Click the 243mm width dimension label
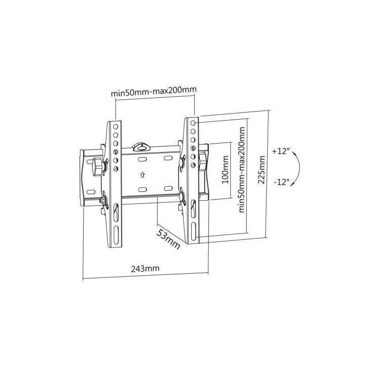(x=145, y=268)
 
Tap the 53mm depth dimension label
(x=168, y=239)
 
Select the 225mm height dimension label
(x=262, y=170)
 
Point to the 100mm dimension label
(x=225, y=170)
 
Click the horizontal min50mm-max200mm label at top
(x=154, y=91)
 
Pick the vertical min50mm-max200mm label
(x=242, y=170)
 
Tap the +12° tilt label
(x=281, y=151)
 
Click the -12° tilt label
(x=282, y=182)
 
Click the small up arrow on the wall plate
(x=142, y=174)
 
